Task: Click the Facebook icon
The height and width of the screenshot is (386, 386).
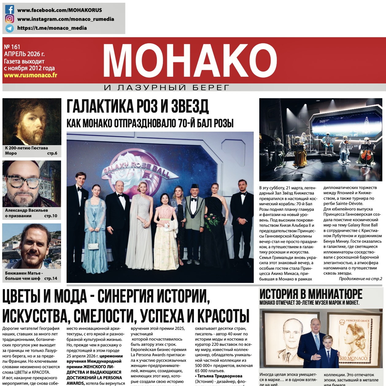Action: click(10, 10)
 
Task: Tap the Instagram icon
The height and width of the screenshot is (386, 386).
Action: click(10, 19)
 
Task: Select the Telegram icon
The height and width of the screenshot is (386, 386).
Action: click(10, 28)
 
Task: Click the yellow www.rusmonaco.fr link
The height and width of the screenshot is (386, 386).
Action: click(30, 75)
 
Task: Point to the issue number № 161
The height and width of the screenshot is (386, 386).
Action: click(12, 47)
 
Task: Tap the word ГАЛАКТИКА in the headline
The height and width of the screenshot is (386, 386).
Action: click(100, 106)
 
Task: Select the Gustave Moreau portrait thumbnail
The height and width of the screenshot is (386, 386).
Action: click(32, 122)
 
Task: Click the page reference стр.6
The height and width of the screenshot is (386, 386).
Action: click(52, 153)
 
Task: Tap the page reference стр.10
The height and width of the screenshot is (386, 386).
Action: click(51, 216)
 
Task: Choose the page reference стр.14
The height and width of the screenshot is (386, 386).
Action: click(51, 278)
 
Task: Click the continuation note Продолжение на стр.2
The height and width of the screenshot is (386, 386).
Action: click(360, 279)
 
